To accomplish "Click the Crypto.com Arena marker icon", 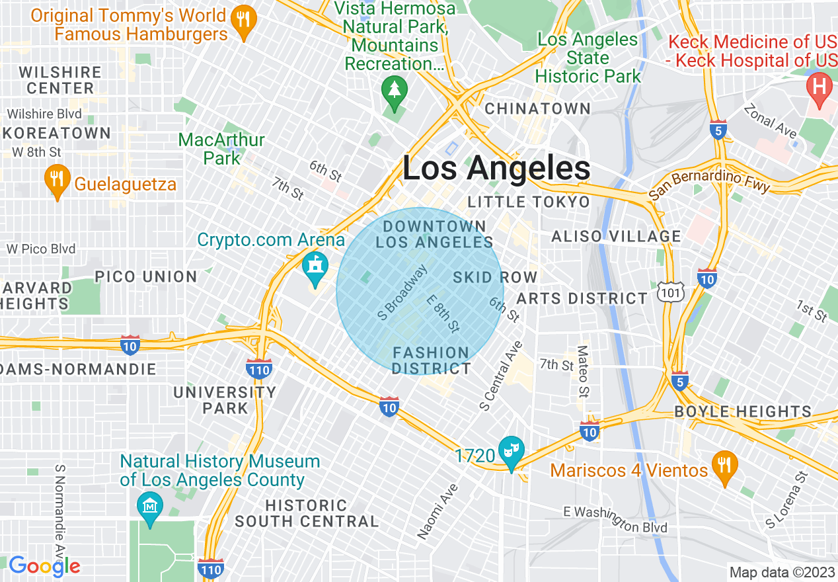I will [315, 266].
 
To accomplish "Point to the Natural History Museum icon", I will [149, 506].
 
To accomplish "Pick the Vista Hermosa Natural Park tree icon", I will [395, 89].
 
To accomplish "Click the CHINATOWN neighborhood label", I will [537, 108].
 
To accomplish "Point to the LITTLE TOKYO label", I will [528, 202].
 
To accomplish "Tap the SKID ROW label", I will [495, 277].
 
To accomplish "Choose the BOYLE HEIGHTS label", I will [742, 411].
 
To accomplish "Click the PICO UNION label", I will [146, 276].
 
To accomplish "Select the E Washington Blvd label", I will [615, 519].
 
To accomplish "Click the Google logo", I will [44, 566].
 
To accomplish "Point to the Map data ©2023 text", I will [781, 571].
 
